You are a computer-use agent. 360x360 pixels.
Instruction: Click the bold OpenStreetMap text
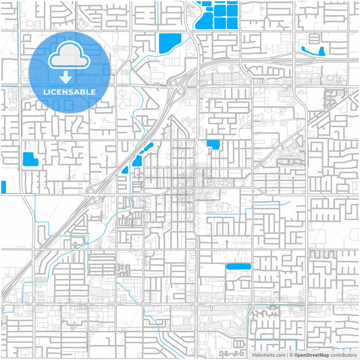click(310, 354)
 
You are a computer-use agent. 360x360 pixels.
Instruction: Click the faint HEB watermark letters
click(278, 48)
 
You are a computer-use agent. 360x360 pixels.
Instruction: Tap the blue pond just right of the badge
click(170, 43)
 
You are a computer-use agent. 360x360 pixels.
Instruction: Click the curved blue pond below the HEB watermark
click(312, 50)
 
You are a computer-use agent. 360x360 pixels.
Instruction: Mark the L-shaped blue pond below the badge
click(30, 160)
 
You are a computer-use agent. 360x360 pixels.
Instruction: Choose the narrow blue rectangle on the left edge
click(3, 187)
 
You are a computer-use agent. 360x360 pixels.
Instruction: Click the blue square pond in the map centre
click(213, 144)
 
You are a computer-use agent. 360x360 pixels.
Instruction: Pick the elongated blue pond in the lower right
click(238, 267)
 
